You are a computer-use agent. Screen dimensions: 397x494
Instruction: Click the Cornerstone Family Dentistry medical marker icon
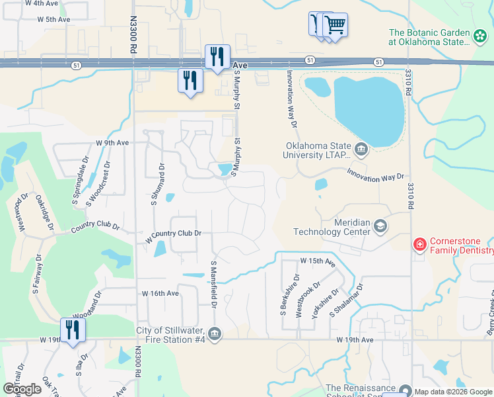(x=419, y=245)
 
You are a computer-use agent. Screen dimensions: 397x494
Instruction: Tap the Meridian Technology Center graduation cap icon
(x=380, y=228)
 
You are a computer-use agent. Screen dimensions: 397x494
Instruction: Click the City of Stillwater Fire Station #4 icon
(x=214, y=333)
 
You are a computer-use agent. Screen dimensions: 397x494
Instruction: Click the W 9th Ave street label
(x=112, y=142)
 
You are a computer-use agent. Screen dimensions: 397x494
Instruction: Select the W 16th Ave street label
(x=160, y=292)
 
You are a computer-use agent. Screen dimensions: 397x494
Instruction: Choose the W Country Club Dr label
(x=173, y=234)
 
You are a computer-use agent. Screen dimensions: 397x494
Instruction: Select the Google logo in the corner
(x=22, y=389)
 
